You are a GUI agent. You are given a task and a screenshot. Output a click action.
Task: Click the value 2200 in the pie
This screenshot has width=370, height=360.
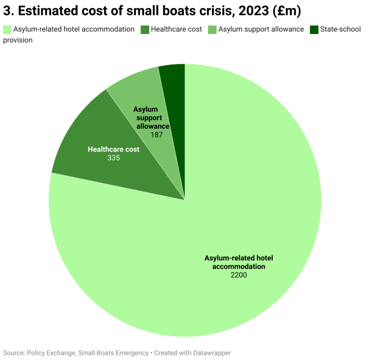pos(239,276)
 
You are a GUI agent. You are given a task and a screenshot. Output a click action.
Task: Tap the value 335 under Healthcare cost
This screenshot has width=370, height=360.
pos(113,158)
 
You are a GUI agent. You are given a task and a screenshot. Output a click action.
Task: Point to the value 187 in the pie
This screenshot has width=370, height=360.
pos(156,135)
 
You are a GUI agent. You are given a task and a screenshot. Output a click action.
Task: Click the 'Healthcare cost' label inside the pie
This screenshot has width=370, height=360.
pos(113,149)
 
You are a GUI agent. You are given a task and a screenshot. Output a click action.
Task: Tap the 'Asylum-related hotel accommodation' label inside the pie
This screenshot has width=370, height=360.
pos(238,262)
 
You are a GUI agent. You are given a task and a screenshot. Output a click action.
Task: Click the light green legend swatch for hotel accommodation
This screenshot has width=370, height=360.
pos(7,29)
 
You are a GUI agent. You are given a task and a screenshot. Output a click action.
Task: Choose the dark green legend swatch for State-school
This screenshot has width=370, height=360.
pos(314,29)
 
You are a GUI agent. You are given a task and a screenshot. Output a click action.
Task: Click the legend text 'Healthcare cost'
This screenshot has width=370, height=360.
pos(176,29)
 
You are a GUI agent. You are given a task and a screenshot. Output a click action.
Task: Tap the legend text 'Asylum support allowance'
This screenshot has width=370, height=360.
pos(261,29)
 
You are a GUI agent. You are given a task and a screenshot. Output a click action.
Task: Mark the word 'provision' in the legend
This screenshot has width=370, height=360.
pos(18,40)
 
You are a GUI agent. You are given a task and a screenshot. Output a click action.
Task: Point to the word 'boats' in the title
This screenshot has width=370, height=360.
pos(171,10)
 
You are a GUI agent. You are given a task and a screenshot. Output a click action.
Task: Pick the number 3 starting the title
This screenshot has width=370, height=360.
pos(7,10)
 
